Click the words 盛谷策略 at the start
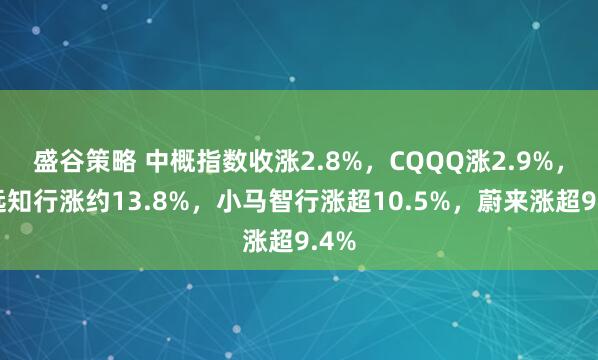[75, 158]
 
